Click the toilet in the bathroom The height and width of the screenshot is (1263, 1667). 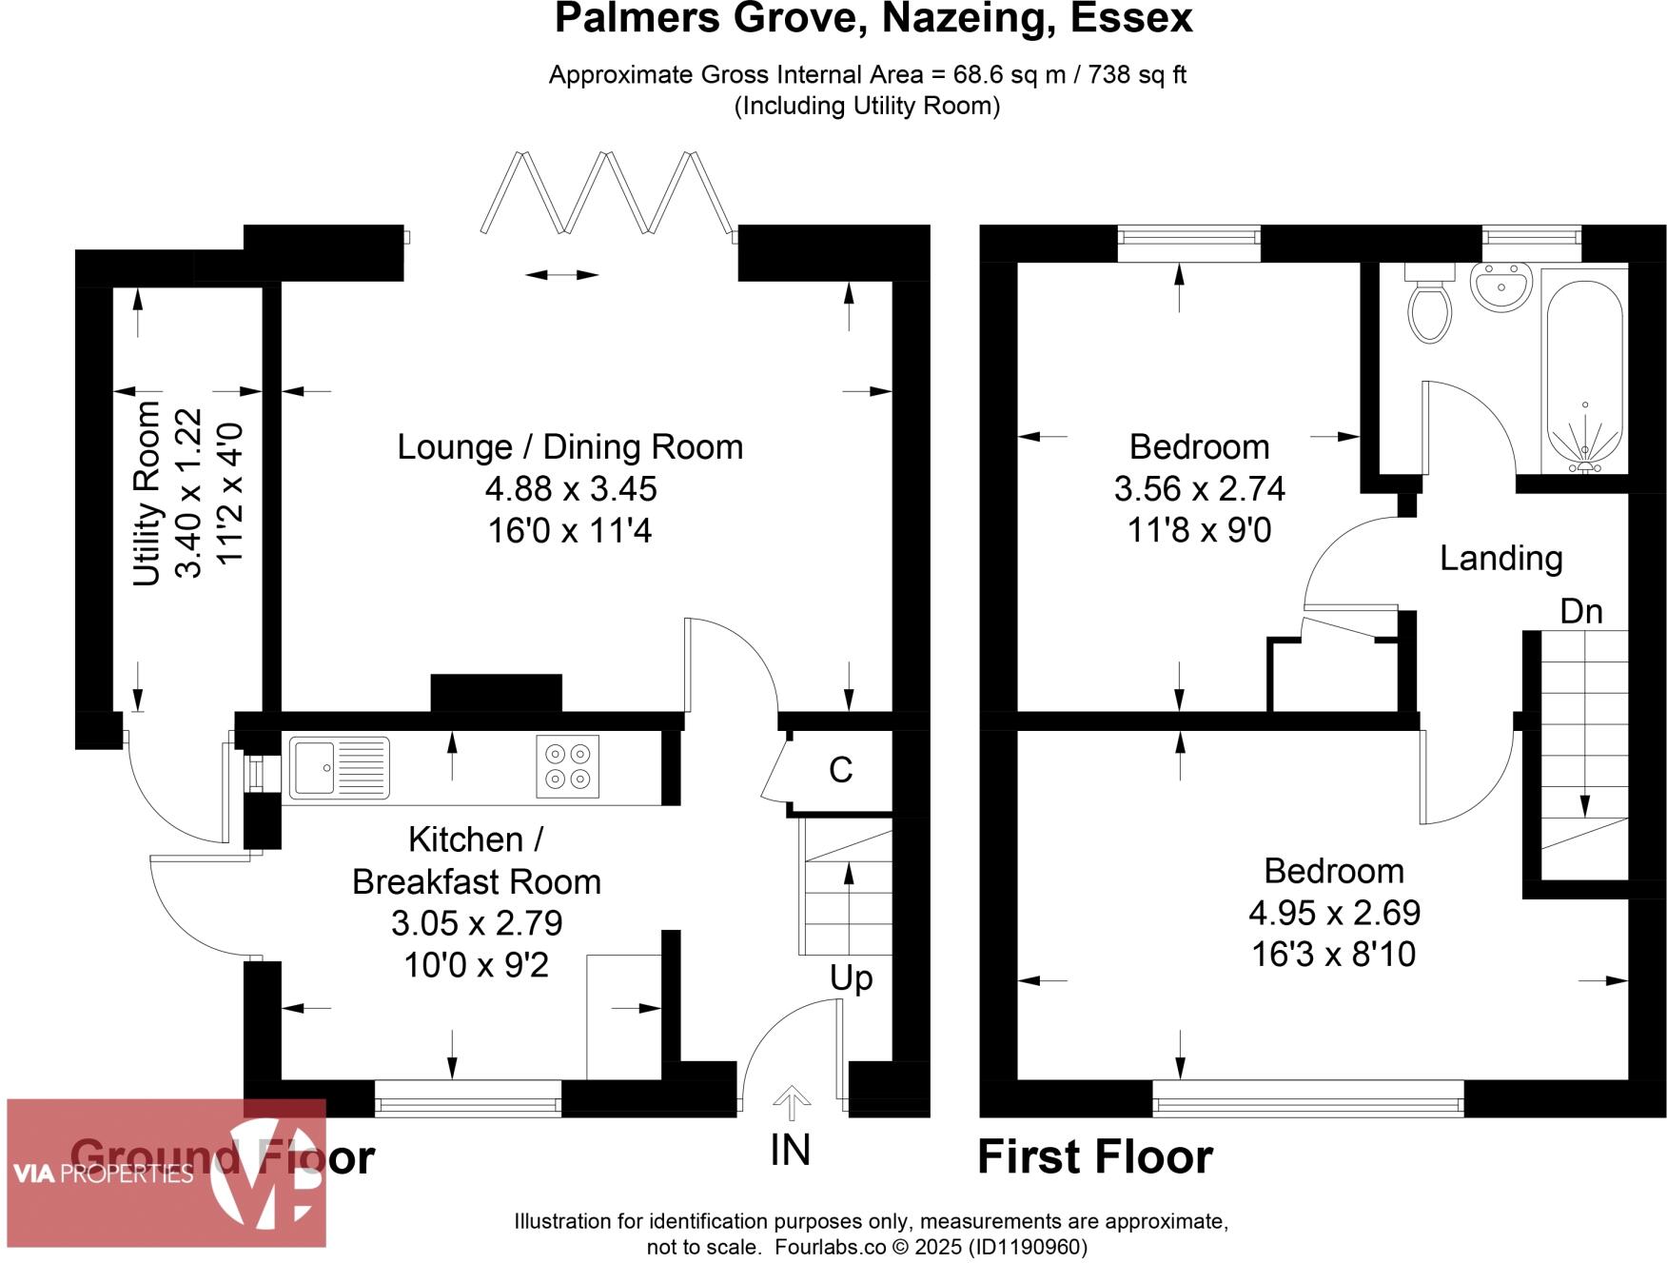coord(1428,306)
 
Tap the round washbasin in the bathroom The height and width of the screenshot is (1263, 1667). coord(1500,286)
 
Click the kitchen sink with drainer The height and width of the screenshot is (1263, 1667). coord(339,767)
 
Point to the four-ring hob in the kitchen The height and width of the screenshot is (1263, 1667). coord(567,766)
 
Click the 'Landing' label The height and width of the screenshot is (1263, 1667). coord(1500,558)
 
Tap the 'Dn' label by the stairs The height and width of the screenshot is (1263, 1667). coord(1580,611)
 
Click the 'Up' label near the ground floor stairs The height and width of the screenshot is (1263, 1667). coord(851,978)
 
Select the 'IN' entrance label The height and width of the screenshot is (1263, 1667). coord(790,1151)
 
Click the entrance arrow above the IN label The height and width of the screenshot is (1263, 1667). coord(792,1103)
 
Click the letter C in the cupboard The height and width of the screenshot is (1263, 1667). coord(840,770)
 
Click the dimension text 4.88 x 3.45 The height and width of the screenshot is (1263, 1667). coord(571,489)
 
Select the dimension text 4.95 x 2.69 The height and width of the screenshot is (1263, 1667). coord(1334,913)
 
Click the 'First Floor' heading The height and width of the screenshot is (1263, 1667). coord(1094,1157)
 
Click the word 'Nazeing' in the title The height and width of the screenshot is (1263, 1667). coord(965,19)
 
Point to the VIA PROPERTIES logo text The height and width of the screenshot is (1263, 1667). coord(103,1174)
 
